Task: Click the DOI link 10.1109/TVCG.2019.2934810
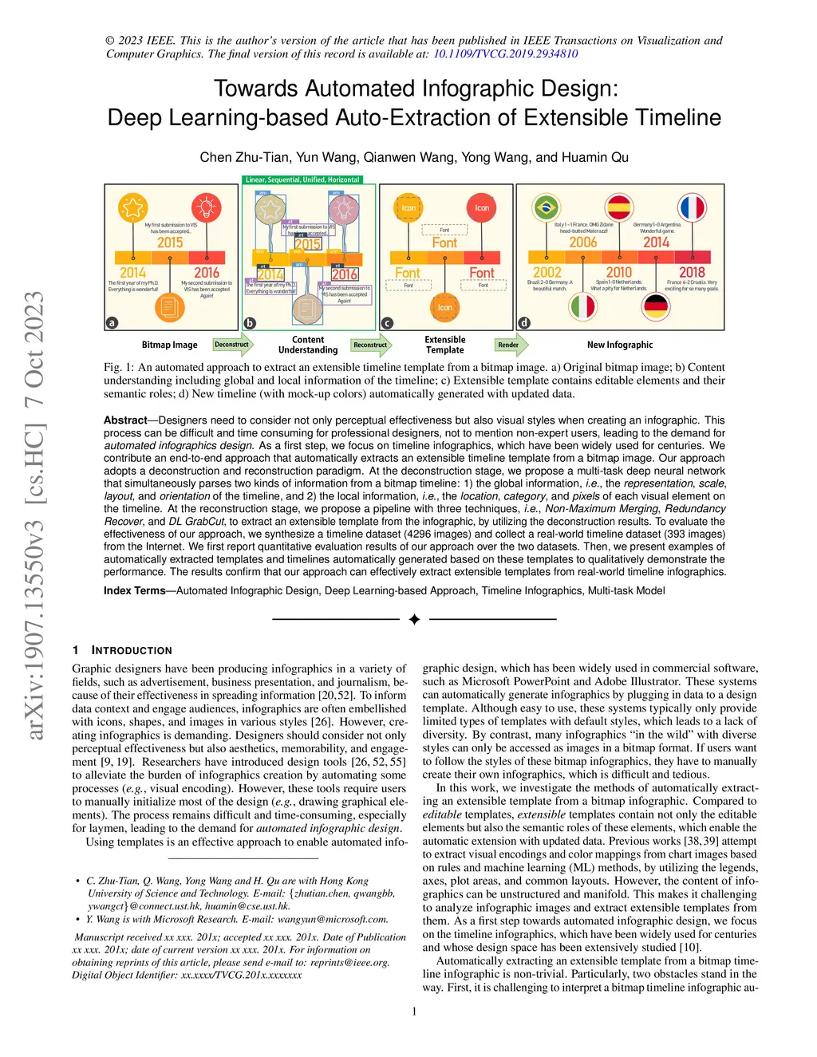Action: click(505, 54)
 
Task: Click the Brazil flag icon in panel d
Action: click(546, 207)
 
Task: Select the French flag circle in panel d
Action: click(692, 207)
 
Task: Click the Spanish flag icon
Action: click(618, 207)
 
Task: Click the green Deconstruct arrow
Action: click(232, 345)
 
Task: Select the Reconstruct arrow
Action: click(371, 345)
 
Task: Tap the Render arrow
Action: click(509, 345)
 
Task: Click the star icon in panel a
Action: click(132, 207)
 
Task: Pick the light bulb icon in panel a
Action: click(206, 207)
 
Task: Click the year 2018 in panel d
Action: click(692, 272)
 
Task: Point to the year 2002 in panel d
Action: click(547, 272)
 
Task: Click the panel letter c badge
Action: click(387, 323)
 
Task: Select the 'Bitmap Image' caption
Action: click(169, 345)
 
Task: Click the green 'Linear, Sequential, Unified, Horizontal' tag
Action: click(302, 180)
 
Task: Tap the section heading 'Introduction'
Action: click(132, 650)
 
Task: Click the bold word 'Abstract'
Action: click(125, 420)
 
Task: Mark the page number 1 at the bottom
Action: click(414, 1012)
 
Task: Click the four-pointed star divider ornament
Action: click(414, 619)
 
